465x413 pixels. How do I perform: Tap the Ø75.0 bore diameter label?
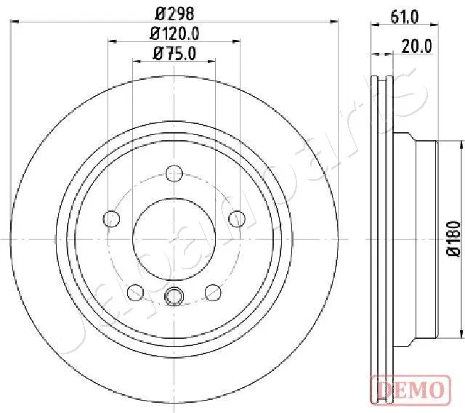pos(174,52)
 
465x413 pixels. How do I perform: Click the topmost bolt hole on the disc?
pos(174,173)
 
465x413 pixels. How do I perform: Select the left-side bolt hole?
pos(112,218)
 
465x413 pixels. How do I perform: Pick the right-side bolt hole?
pos(235,218)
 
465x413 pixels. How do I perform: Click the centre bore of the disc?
pos(174,238)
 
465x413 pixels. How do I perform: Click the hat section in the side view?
pos(418,238)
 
